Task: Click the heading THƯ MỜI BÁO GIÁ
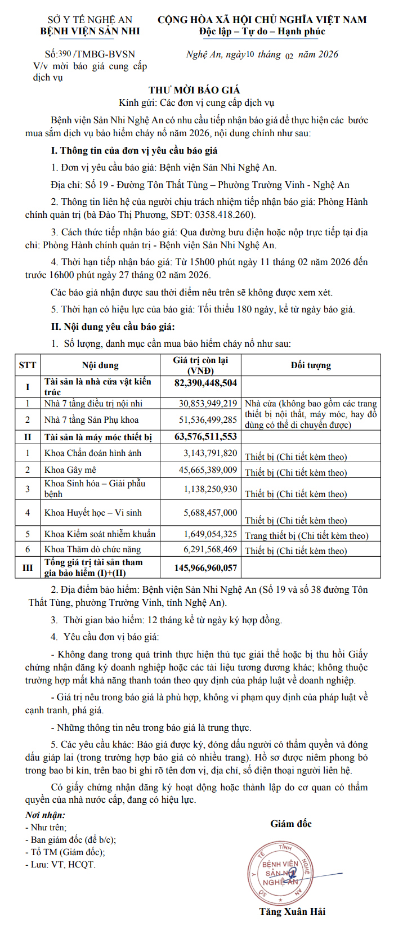tap(194, 90)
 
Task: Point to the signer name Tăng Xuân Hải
tap(292, 911)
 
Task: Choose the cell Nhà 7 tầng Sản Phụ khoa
tap(91, 419)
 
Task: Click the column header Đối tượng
tap(311, 365)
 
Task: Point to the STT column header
tap(28, 365)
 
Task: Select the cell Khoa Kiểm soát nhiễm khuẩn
tap(100, 534)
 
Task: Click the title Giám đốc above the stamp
tap(291, 824)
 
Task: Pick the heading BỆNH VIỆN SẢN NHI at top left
tap(90, 31)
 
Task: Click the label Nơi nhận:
tap(45, 815)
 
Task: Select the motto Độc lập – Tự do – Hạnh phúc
tap(262, 32)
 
